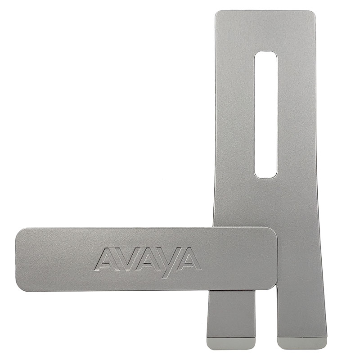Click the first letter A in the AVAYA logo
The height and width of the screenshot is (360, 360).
[106, 259]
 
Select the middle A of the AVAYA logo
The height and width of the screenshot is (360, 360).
[148, 259]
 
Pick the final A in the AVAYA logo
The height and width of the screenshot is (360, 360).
[189, 259]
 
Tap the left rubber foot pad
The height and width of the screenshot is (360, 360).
[231, 342]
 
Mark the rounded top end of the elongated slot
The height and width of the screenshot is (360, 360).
[265, 52]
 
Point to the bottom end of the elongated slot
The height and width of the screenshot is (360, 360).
[265, 177]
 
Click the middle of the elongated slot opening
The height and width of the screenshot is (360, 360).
[265, 115]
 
